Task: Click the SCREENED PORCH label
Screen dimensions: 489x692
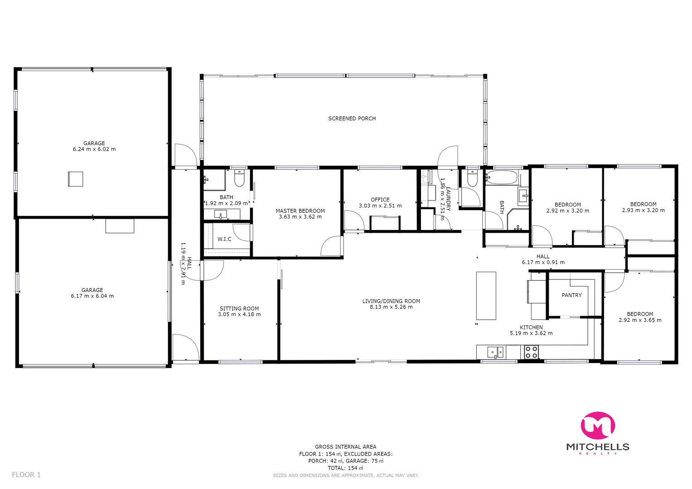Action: coord(352,119)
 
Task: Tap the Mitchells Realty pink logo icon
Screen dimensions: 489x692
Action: coord(598,426)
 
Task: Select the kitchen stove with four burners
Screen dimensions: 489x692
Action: coord(531,352)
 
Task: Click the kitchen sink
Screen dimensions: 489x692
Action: coord(495,352)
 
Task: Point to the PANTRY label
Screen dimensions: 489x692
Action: coord(571,295)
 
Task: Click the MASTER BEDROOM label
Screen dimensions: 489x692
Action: coord(300,211)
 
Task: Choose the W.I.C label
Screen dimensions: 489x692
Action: coord(224,239)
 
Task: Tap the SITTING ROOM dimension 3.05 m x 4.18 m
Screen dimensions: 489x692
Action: coord(239,315)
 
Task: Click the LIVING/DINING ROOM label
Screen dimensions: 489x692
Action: coord(391,301)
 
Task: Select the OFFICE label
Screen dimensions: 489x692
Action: coord(380,200)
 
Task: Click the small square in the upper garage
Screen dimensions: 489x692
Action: coord(76,179)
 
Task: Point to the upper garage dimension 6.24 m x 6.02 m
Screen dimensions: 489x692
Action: coord(94,149)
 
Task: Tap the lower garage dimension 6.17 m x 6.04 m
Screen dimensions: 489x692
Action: coord(92,296)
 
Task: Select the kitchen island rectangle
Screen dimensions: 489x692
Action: coord(486,296)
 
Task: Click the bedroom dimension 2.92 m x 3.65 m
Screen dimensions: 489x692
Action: coord(640,320)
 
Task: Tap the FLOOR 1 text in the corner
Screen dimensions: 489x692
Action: coord(26,475)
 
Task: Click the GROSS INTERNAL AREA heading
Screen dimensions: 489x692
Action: coord(345,447)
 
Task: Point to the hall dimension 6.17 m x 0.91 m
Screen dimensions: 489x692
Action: coord(543,263)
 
